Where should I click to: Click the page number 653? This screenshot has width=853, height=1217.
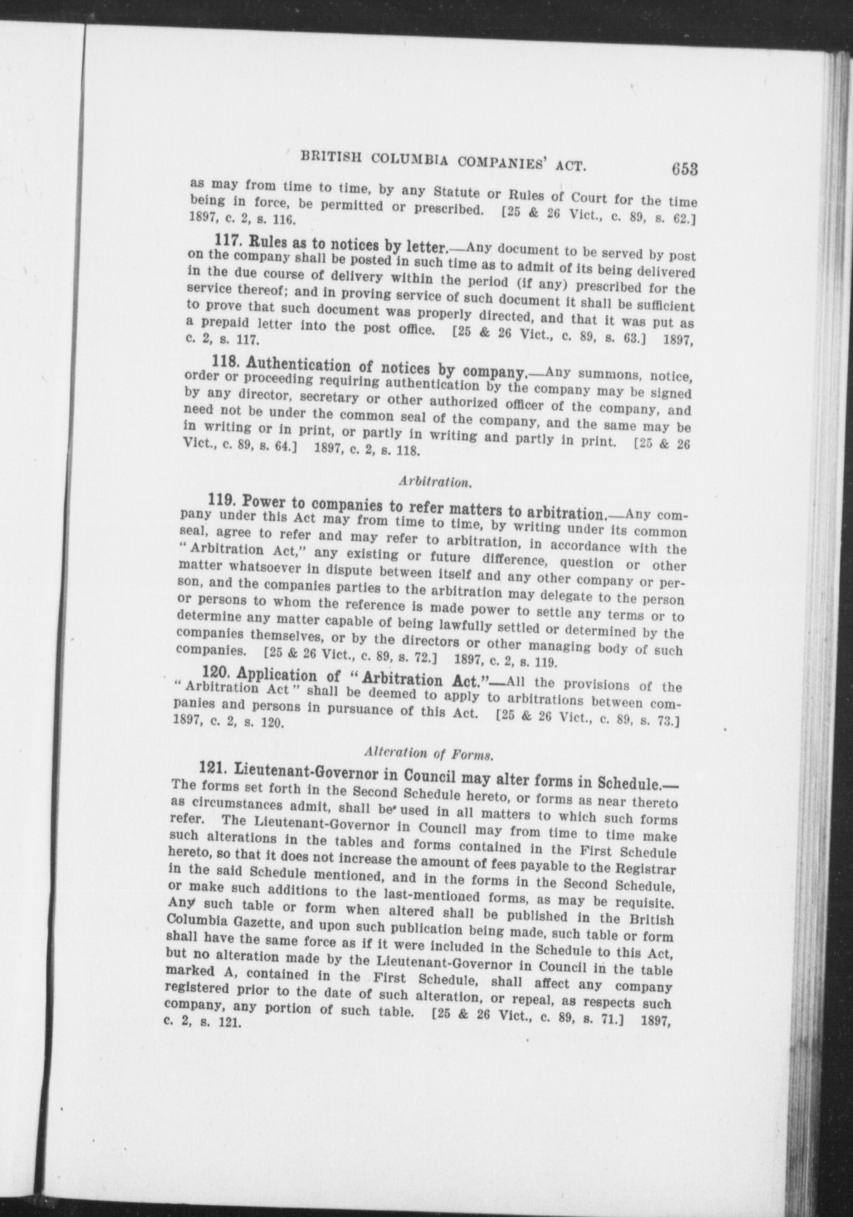684,169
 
